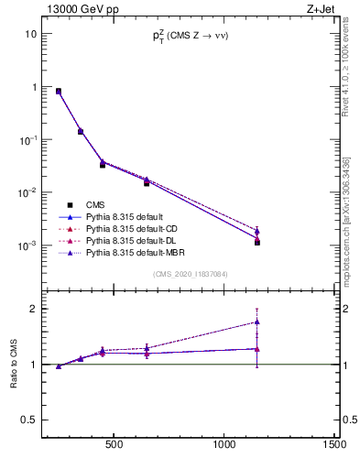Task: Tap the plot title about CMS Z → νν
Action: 190,37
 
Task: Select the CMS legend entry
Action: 95,204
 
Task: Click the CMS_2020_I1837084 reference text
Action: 190,274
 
